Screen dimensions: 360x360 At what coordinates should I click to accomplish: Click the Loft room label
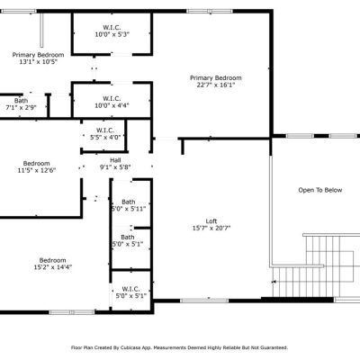[x=211, y=221]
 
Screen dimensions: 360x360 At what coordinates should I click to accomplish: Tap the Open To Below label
[x=320, y=190]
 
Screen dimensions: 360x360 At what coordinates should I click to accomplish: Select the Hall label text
[x=115, y=160]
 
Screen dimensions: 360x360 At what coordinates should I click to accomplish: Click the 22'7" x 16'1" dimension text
[x=215, y=85]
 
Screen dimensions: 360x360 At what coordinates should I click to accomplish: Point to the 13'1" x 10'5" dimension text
[x=38, y=62]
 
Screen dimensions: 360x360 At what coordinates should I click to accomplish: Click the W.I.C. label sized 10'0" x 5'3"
[x=112, y=28]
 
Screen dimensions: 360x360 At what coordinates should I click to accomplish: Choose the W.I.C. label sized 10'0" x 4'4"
[x=112, y=99]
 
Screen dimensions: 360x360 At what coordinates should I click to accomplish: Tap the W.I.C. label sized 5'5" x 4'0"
[x=105, y=130]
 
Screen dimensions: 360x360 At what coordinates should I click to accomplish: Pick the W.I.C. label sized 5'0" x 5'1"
[x=130, y=289]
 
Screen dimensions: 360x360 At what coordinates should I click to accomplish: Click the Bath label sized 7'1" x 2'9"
[x=21, y=101]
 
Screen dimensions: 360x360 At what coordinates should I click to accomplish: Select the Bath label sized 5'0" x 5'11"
[x=129, y=202]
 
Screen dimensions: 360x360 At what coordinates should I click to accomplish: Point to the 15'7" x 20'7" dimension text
[x=211, y=229]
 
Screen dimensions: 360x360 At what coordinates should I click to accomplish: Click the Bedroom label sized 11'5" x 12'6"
[x=37, y=164]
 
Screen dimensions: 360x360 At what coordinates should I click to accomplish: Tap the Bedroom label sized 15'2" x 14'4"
[x=52, y=260]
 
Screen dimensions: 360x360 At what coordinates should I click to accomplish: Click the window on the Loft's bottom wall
[x=204, y=301]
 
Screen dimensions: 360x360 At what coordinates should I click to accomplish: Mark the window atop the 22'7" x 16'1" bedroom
[x=210, y=12]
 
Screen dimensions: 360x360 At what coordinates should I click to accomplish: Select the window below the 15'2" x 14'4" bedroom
[x=72, y=312]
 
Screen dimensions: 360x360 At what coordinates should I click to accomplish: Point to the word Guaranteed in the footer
[x=275, y=348]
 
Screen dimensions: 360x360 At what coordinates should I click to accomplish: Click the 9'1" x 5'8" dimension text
[x=115, y=167]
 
